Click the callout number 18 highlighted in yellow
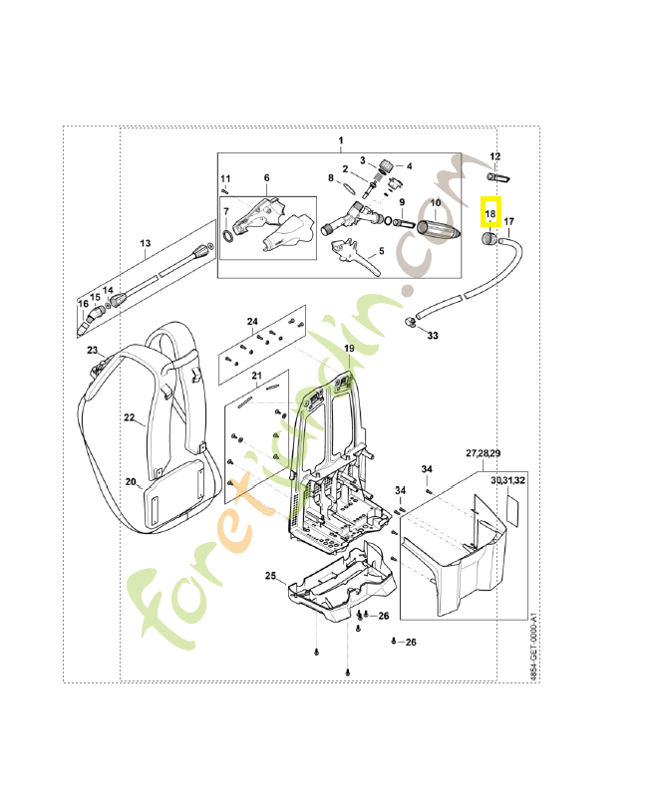click(x=489, y=213)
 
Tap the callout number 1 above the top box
click(x=339, y=140)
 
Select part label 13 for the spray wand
click(x=145, y=243)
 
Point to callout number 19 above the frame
click(x=349, y=347)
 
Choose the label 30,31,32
click(x=507, y=479)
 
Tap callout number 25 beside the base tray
click(x=270, y=576)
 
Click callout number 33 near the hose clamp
click(x=433, y=336)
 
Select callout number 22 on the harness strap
click(x=129, y=418)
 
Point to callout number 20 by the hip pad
click(x=131, y=482)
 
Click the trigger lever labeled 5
click(x=355, y=259)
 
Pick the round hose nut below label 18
click(x=488, y=239)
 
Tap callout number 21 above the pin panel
click(x=256, y=376)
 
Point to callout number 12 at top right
click(x=494, y=156)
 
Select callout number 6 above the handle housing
click(x=266, y=178)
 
